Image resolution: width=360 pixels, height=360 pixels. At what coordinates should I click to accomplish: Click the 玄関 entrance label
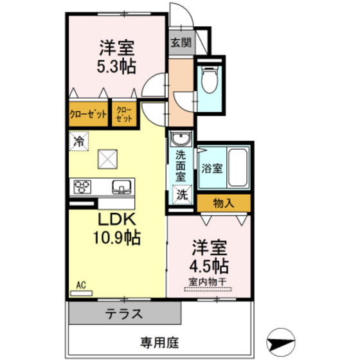[x=181, y=44]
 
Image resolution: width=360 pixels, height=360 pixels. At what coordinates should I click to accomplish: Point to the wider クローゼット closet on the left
[x=88, y=116]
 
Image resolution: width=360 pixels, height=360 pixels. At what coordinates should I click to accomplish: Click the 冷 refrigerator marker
[x=78, y=139]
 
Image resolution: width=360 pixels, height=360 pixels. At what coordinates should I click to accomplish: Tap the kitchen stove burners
[x=83, y=187]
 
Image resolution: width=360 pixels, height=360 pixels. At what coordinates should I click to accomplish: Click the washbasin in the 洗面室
[x=180, y=139]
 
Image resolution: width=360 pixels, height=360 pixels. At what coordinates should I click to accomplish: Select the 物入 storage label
[x=223, y=203]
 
